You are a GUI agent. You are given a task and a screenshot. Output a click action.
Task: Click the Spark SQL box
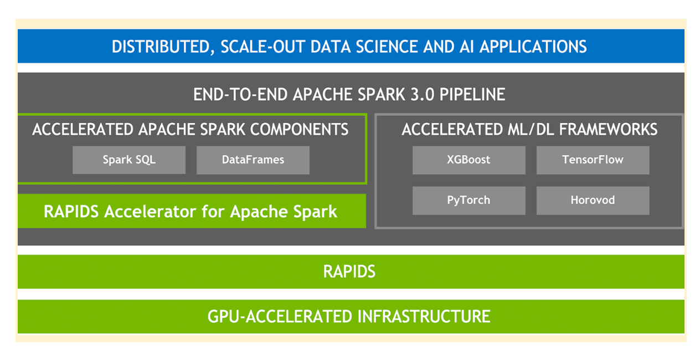point(129,160)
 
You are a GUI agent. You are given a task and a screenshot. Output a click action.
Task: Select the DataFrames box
point(253,160)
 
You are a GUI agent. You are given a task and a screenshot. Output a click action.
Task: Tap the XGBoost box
point(469,160)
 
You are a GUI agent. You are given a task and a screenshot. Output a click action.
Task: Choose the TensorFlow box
point(593,160)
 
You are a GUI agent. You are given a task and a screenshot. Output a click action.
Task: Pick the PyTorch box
point(469,200)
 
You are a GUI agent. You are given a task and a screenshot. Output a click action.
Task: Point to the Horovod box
point(593,200)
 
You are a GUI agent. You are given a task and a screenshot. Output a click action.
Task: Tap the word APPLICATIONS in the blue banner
point(533,47)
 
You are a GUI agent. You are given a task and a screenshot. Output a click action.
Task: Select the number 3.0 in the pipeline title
point(422,95)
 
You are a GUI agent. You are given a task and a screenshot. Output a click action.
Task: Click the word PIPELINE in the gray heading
point(472,95)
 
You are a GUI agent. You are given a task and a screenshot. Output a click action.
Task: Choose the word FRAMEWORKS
point(608,130)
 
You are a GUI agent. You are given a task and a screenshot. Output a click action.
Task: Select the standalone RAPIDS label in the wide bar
point(349,271)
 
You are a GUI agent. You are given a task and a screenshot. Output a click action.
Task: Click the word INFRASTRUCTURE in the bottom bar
point(424,317)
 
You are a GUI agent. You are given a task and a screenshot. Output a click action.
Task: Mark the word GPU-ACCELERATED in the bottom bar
point(280,317)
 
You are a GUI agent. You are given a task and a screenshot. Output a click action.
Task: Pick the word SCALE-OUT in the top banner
point(263,47)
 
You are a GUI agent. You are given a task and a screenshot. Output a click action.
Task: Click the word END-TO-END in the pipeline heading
point(240,95)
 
